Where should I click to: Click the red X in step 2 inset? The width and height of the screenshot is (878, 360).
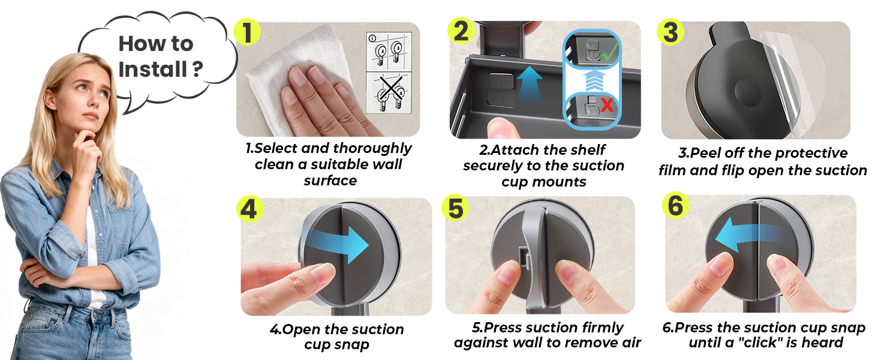pyautogui.click(x=606, y=106)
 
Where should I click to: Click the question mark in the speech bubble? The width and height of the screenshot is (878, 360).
pyautogui.click(x=197, y=70)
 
